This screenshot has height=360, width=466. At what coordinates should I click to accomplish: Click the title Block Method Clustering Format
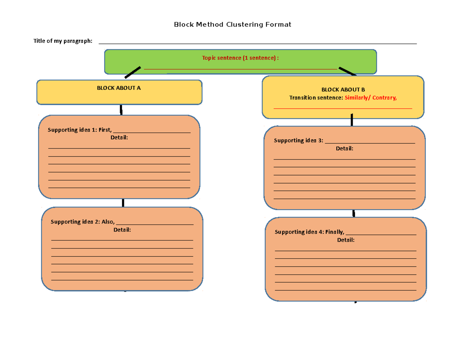(x=232, y=24)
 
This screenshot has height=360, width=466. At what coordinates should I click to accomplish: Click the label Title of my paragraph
(x=63, y=41)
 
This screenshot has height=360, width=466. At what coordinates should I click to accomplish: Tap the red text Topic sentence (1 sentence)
(x=240, y=58)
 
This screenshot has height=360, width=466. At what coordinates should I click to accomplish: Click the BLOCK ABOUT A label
(x=119, y=88)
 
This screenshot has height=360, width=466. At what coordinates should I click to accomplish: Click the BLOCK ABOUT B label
(x=343, y=90)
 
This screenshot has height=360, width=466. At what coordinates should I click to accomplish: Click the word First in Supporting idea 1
(x=105, y=130)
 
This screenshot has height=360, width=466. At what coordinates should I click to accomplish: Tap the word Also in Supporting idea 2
(x=108, y=222)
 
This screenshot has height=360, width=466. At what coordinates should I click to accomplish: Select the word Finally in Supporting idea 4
(x=335, y=232)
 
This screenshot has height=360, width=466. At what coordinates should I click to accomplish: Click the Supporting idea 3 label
(x=298, y=141)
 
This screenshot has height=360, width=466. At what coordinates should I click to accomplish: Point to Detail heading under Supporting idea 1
(x=119, y=137)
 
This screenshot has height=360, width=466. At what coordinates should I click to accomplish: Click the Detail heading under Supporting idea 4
(x=346, y=240)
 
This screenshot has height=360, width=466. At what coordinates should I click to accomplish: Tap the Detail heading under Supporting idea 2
(x=122, y=230)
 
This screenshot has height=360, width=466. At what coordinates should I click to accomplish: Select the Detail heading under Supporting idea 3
(x=344, y=148)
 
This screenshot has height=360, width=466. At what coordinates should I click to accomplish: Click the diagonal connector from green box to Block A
(x=132, y=72)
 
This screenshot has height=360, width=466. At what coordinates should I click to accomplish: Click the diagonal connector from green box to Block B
(x=347, y=71)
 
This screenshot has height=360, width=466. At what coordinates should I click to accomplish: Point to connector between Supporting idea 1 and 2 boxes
(x=123, y=203)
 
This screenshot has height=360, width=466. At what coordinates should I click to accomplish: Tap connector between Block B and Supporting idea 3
(x=352, y=120)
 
